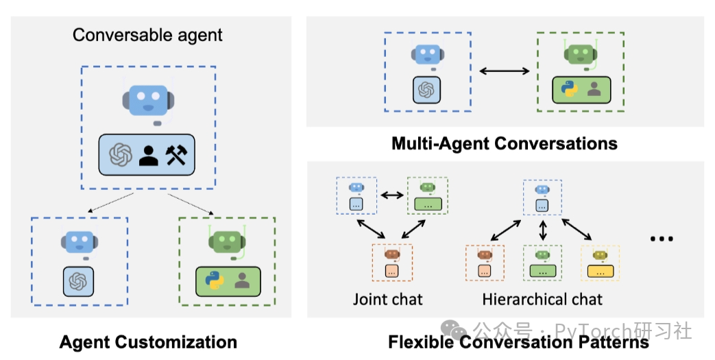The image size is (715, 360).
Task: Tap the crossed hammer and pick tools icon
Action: tap(176, 155)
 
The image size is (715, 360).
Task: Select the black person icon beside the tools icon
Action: tap(149, 155)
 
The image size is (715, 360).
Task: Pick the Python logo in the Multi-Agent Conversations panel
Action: tap(569, 89)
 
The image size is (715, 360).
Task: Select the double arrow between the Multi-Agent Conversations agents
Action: tap(505, 71)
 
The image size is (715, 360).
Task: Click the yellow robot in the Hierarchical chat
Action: tap(600, 255)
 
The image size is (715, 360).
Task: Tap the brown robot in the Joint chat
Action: tap(392, 254)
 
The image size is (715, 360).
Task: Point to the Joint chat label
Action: tap(387, 300)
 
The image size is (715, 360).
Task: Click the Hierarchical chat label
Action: tap(542, 300)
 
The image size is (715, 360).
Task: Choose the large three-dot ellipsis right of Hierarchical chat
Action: tap(662, 238)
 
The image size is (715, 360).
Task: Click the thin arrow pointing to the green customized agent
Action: tap(191, 204)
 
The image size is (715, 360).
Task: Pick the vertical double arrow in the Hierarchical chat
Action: tap(542, 230)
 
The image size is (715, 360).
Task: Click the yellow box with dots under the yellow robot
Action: tap(600, 272)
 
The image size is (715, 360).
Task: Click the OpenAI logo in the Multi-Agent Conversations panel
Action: tap(426, 89)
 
